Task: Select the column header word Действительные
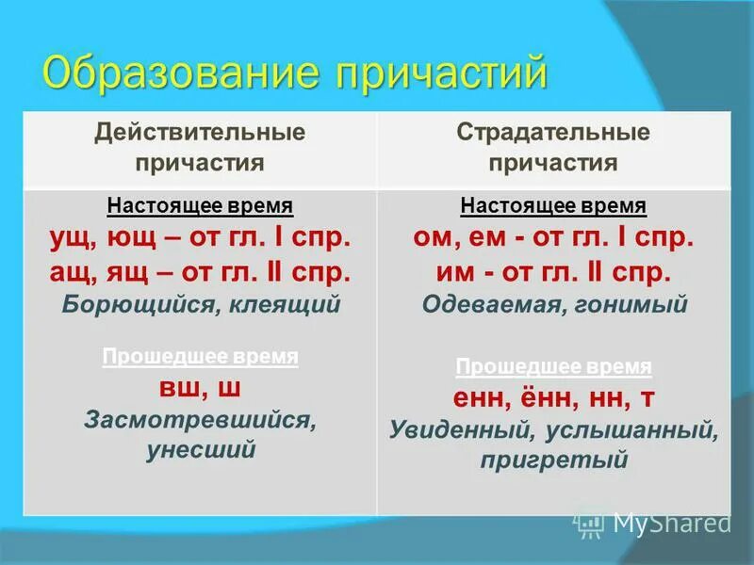point(199,132)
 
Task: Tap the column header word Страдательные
point(553,132)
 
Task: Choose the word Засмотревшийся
point(199,421)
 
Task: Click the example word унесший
point(201,449)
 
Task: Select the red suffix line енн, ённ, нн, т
point(553,398)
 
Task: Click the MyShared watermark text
point(671,524)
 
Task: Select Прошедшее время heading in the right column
point(553,366)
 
